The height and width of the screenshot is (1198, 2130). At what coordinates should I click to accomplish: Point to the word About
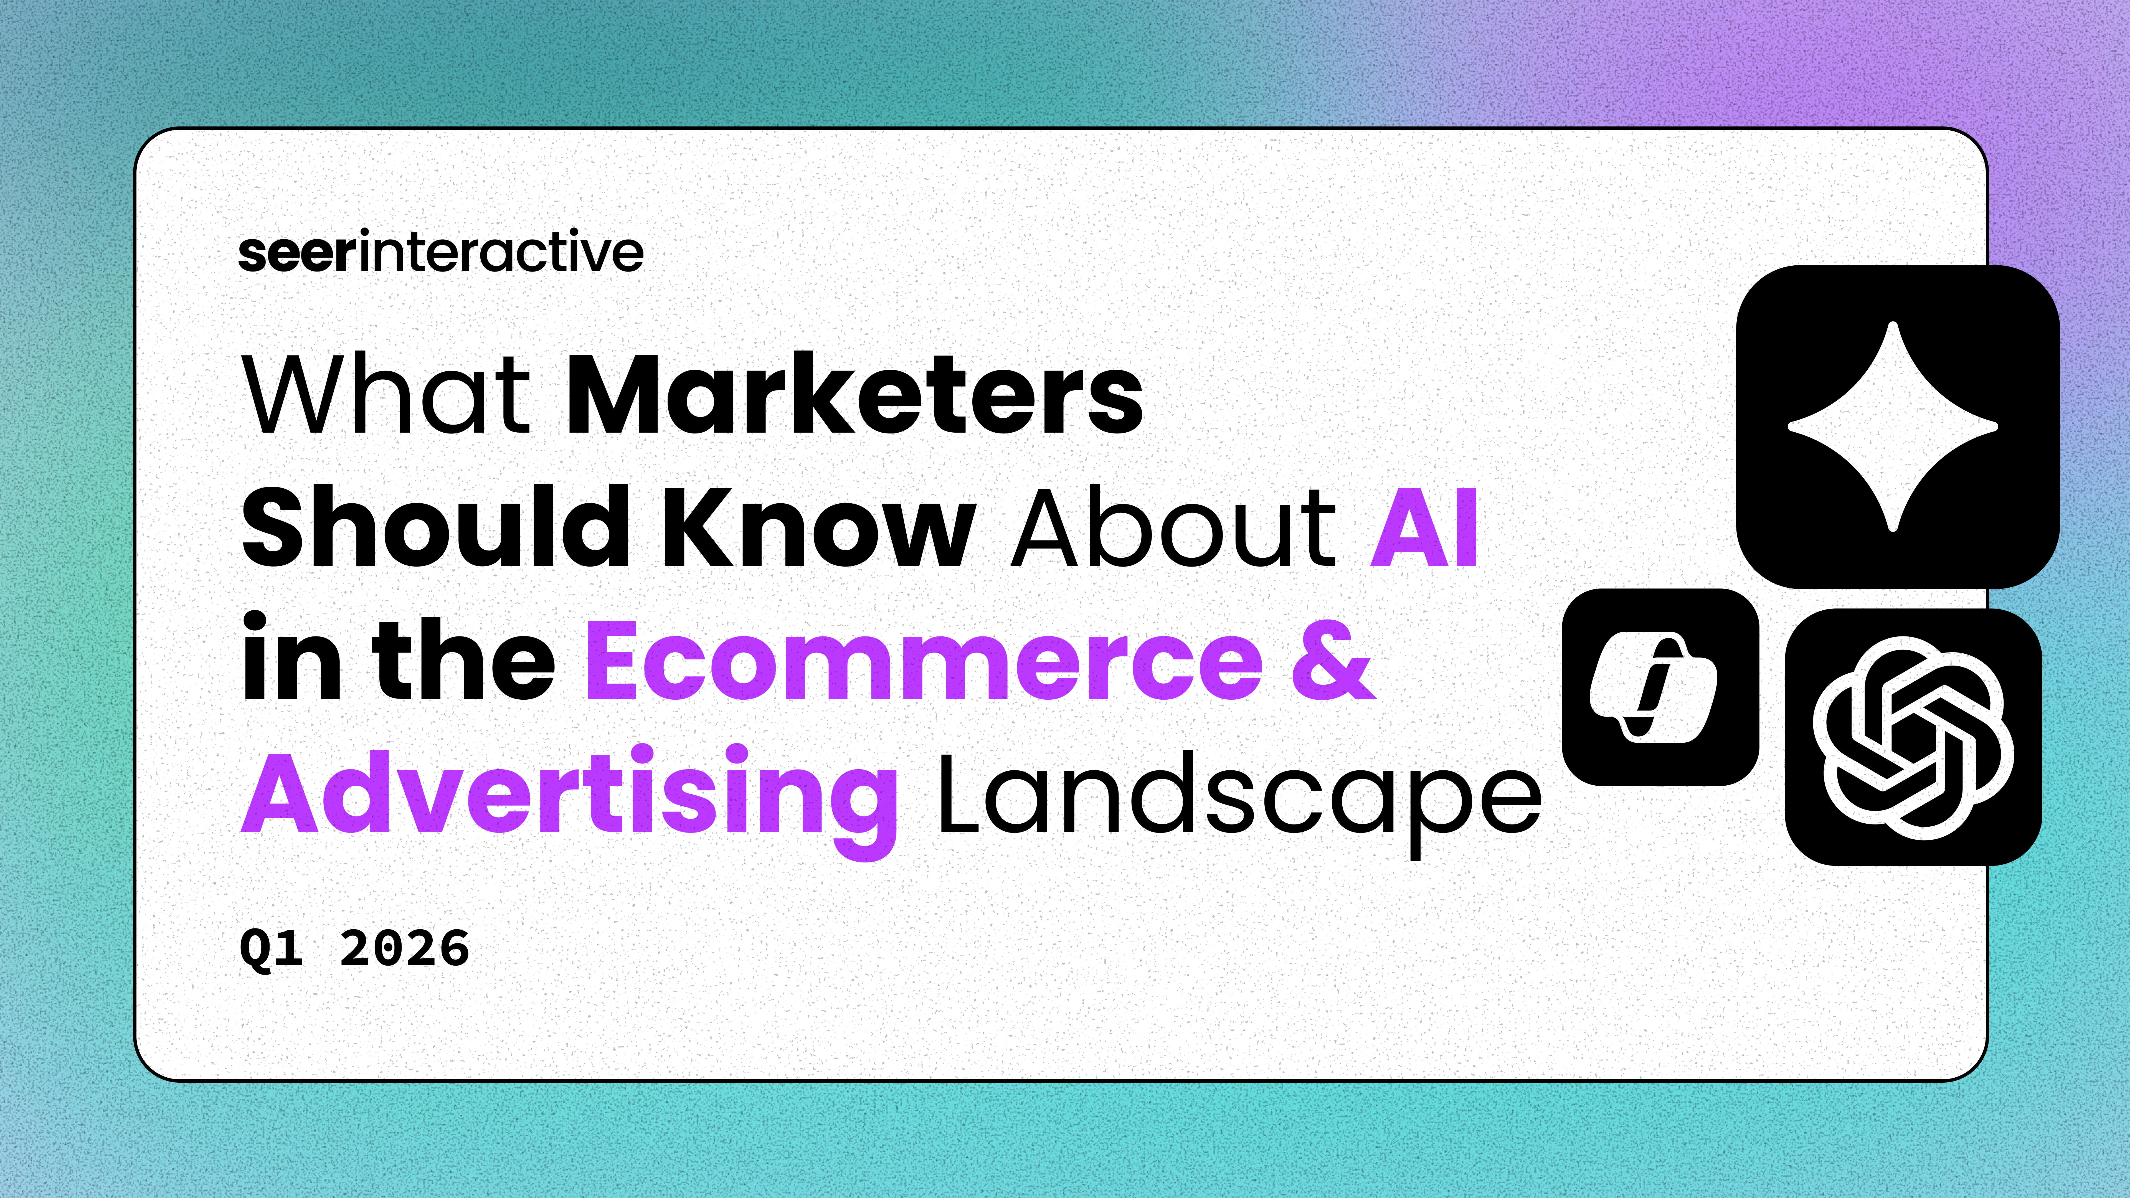(1173, 527)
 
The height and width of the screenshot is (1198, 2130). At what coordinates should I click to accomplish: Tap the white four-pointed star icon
(1893, 427)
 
